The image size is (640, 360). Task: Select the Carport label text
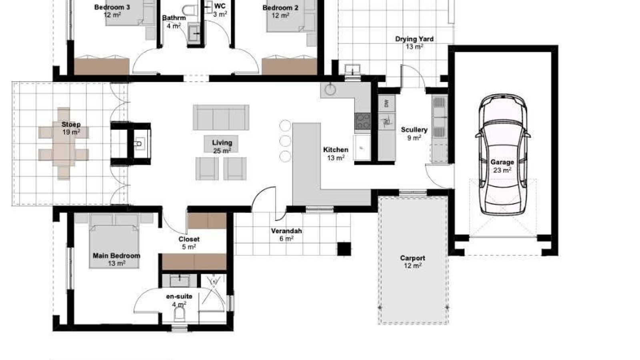pyautogui.click(x=412, y=258)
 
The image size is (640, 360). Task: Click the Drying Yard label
pyautogui.click(x=414, y=39)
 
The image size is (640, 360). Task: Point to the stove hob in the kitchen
pyautogui.click(x=363, y=121)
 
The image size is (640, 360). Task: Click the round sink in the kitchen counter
pyautogui.click(x=330, y=89)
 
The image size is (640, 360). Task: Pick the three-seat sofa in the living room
pyautogui.click(x=221, y=118)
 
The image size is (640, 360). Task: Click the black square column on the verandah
pyautogui.click(x=344, y=249)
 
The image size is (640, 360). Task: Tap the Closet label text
pyautogui.click(x=189, y=239)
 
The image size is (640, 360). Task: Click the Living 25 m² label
pyautogui.click(x=222, y=146)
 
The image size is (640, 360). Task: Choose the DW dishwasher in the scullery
pyautogui.click(x=387, y=104)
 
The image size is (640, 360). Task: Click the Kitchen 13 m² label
pyautogui.click(x=336, y=154)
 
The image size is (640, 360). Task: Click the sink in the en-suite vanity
pyautogui.click(x=180, y=280)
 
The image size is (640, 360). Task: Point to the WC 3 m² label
pyautogui.click(x=220, y=10)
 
